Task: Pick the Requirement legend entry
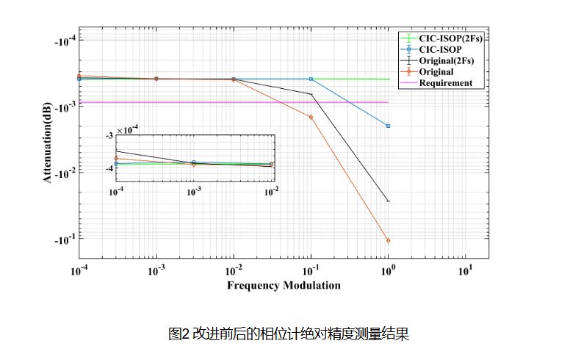pyautogui.click(x=445, y=83)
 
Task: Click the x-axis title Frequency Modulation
pyautogui.click(x=284, y=285)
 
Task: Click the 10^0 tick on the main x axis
pyautogui.click(x=388, y=270)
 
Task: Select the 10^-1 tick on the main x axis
pyautogui.click(x=311, y=270)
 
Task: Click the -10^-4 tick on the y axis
pyautogui.click(x=65, y=40)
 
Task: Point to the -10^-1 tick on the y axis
pyautogui.click(x=65, y=240)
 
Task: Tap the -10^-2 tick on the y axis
pyautogui.click(x=65, y=173)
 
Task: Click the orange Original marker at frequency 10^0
pyautogui.click(x=388, y=240)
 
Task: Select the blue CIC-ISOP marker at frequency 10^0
pyautogui.click(x=388, y=126)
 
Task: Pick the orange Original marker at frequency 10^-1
pyautogui.click(x=311, y=117)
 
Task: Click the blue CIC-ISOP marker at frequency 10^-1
pyautogui.click(x=311, y=79)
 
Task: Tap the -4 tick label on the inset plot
pyautogui.click(x=109, y=168)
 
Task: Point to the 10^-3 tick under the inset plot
pyautogui.click(x=194, y=191)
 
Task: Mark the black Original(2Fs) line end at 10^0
pyautogui.click(x=388, y=201)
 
